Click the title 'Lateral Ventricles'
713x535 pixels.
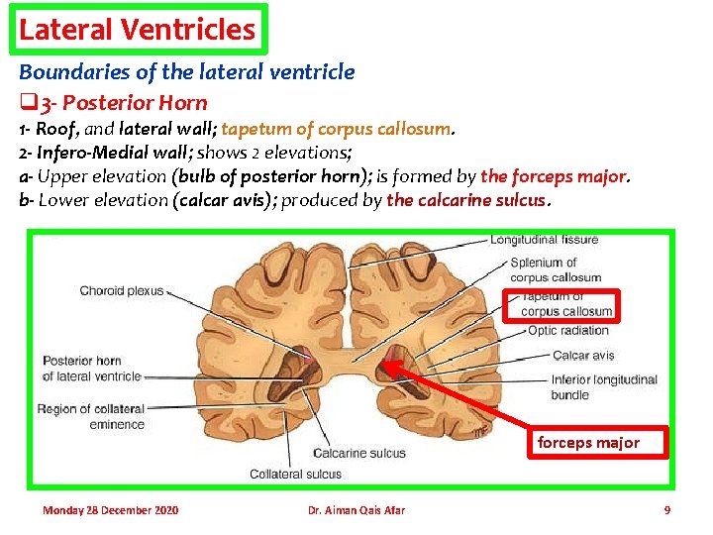[137, 29]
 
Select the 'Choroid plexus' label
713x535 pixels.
[122, 291]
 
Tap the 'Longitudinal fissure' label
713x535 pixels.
[544, 240]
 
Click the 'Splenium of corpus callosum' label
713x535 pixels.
[556, 269]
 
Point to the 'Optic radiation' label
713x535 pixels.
[567, 331]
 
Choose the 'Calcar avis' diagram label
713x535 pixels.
[583, 355]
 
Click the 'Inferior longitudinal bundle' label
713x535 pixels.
[604, 386]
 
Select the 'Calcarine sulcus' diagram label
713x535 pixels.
[358, 453]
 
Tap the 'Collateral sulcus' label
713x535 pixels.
[295, 474]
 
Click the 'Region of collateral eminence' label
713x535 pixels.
[91, 416]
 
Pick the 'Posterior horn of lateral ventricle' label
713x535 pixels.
[91, 368]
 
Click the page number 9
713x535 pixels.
[666, 510]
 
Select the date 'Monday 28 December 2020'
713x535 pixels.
[110, 510]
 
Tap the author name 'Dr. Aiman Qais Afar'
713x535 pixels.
[356, 510]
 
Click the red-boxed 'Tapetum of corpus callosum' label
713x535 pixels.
[567, 304]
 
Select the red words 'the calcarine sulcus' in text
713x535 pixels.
[465, 199]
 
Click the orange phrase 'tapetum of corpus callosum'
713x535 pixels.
[337, 128]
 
